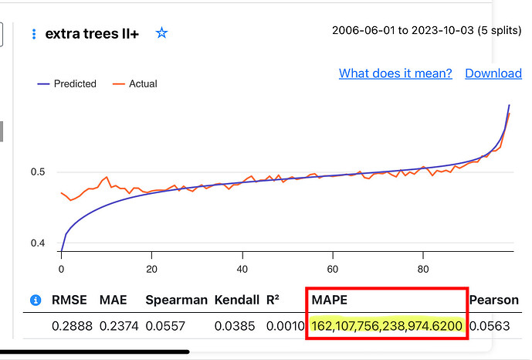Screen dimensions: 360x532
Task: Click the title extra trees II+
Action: [92, 34]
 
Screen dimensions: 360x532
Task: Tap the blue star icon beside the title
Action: [161, 33]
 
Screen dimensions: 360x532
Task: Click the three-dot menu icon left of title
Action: [33, 34]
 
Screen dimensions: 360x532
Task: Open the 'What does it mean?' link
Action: [395, 73]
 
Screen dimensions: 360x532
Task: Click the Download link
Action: [493, 73]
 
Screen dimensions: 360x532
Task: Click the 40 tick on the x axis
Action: [242, 269]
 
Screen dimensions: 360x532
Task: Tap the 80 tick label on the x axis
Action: [423, 269]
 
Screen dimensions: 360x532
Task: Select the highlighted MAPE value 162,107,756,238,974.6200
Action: [387, 326]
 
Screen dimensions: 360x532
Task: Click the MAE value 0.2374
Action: [119, 326]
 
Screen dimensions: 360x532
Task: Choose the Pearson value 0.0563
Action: [490, 326]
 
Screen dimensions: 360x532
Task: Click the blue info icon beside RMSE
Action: [35, 300]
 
